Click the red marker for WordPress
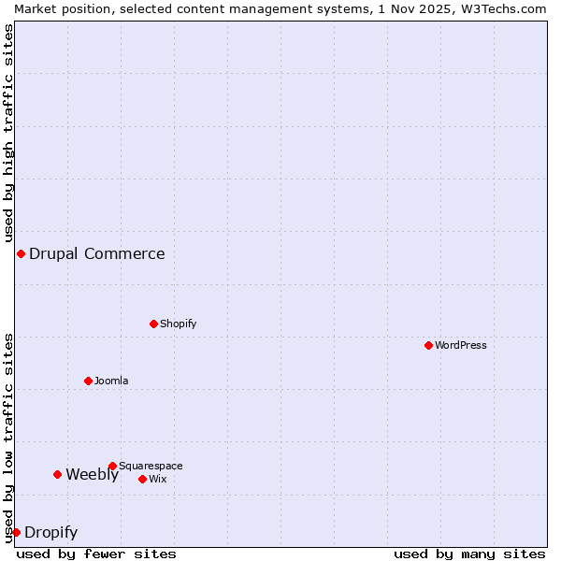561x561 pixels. point(428,345)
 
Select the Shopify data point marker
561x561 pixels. point(153,324)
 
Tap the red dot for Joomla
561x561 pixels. point(88,381)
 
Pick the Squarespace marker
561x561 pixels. point(112,466)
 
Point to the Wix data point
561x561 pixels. point(142,479)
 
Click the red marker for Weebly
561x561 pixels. point(57,474)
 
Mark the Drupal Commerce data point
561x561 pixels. point(21,253)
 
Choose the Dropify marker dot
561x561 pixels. point(16,532)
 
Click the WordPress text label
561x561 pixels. point(461,345)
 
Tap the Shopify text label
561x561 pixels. point(178,324)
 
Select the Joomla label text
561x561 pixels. point(111,381)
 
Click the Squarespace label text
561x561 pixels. point(151,466)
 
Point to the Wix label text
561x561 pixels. point(158,479)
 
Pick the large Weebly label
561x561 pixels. point(92,474)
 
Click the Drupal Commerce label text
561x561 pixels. point(96,253)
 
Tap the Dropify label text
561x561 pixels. point(50,533)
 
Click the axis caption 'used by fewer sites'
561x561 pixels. point(96,554)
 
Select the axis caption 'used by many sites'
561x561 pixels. point(469,554)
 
